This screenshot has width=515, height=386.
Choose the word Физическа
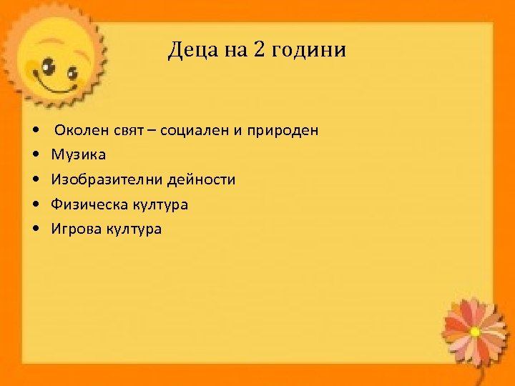(89, 204)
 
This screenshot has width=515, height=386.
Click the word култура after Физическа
(160, 204)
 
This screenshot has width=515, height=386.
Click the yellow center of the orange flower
(475, 332)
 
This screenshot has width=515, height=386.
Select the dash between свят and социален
(152, 131)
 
